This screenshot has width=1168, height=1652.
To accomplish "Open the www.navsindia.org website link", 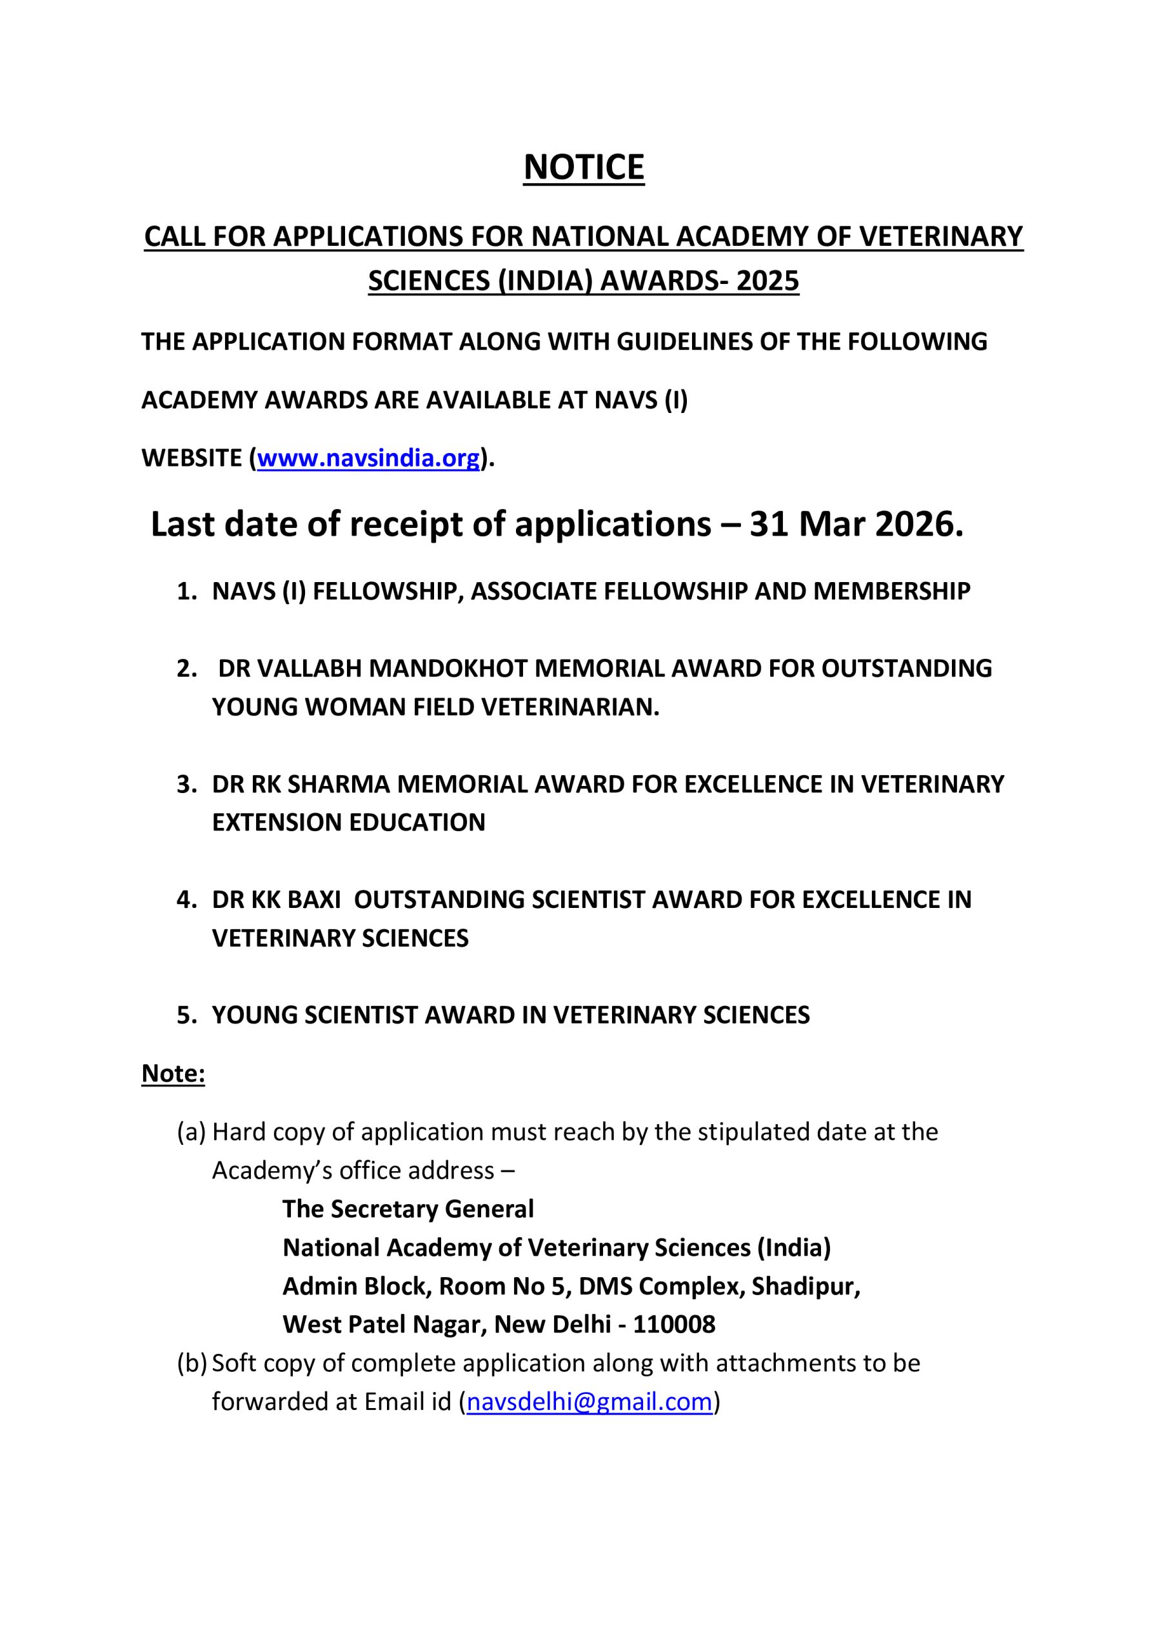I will click(x=368, y=458).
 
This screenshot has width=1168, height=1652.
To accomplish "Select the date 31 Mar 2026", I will click(x=855, y=524).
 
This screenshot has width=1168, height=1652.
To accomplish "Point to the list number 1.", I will click(x=186, y=592).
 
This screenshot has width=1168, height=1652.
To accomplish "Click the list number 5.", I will click(x=186, y=1015).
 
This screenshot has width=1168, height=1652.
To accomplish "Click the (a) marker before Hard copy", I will click(x=192, y=1132).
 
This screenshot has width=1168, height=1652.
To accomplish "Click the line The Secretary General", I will click(x=408, y=1209).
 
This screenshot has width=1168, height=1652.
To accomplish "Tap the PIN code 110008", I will click(x=674, y=1325).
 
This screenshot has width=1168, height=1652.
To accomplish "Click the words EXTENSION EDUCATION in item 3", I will click(x=348, y=822).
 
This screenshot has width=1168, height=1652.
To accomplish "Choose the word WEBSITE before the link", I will click(x=192, y=458).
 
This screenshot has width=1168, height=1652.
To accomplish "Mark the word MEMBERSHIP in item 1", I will click(x=891, y=592).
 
